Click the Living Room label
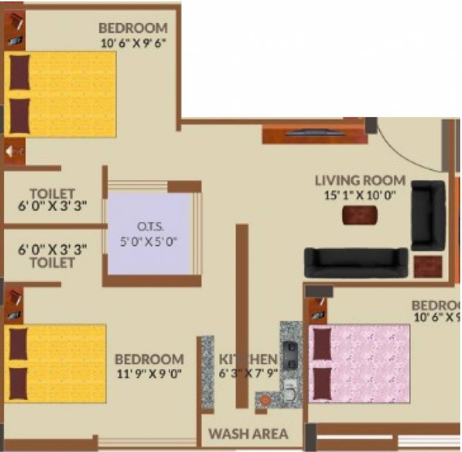(360, 180)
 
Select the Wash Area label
(248, 434)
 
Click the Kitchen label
(247, 359)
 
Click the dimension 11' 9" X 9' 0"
(149, 373)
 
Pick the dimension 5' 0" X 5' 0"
(149, 241)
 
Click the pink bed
(360, 363)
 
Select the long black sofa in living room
(356, 262)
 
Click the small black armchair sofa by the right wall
(428, 215)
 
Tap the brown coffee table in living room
(360, 216)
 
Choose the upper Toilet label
(52, 194)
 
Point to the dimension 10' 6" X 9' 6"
(133, 42)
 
